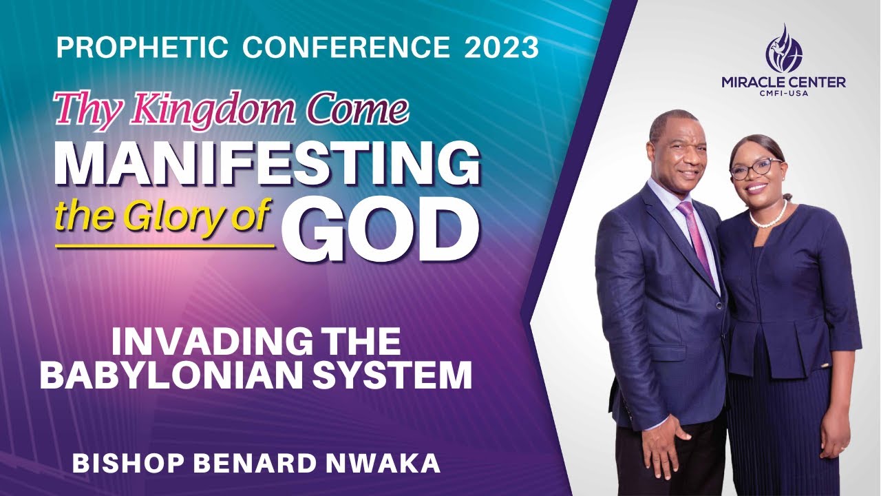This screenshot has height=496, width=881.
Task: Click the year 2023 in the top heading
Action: (501, 48)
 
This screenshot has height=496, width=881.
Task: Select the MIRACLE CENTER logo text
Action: (783, 83)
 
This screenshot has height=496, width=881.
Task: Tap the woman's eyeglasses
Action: (756, 168)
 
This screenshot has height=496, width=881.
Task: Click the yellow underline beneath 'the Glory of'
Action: (165, 245)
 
